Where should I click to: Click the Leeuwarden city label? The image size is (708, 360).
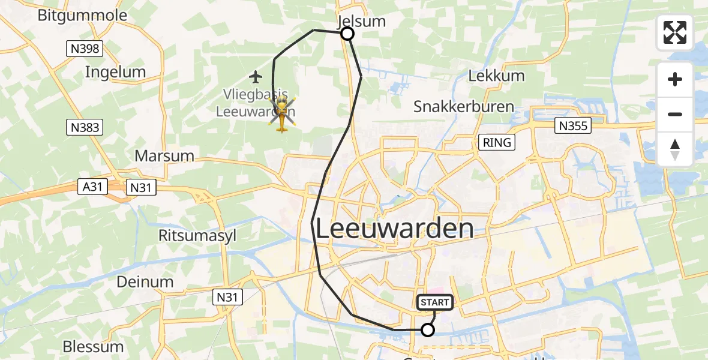pos(394,229)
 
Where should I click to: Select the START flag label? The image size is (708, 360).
pos(435,302)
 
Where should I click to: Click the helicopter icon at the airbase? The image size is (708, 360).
pos(282,114)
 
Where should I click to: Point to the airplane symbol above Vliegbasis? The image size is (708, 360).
pos(256,77)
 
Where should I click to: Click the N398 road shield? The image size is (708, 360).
pos(85,48)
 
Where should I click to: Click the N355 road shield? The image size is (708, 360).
pos(573,125)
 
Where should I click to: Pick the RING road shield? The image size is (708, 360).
pos(497,142)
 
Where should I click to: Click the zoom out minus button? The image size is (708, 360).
pos(675,114)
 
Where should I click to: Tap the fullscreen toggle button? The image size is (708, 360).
pos(675,32)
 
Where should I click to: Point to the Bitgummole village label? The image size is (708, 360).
pos(82,15)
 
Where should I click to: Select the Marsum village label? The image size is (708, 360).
pos(164,156)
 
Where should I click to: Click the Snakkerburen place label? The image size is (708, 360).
pos(464,107)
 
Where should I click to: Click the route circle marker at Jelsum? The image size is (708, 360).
pos(347,34)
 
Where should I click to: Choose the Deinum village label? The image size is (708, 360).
pos(145,281)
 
